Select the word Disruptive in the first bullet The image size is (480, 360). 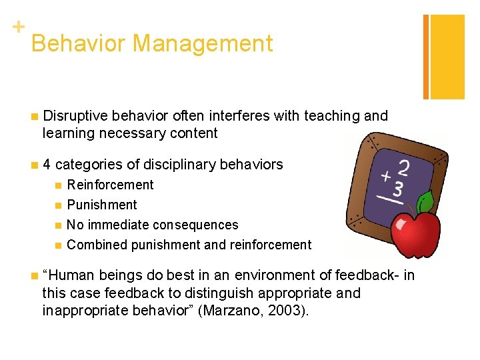coord(71,116)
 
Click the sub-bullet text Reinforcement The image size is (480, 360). coord(110,185)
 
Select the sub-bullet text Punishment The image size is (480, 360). coord(101,205)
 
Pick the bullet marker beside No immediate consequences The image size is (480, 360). coord(58,225)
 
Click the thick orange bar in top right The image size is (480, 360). coord(447,57)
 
